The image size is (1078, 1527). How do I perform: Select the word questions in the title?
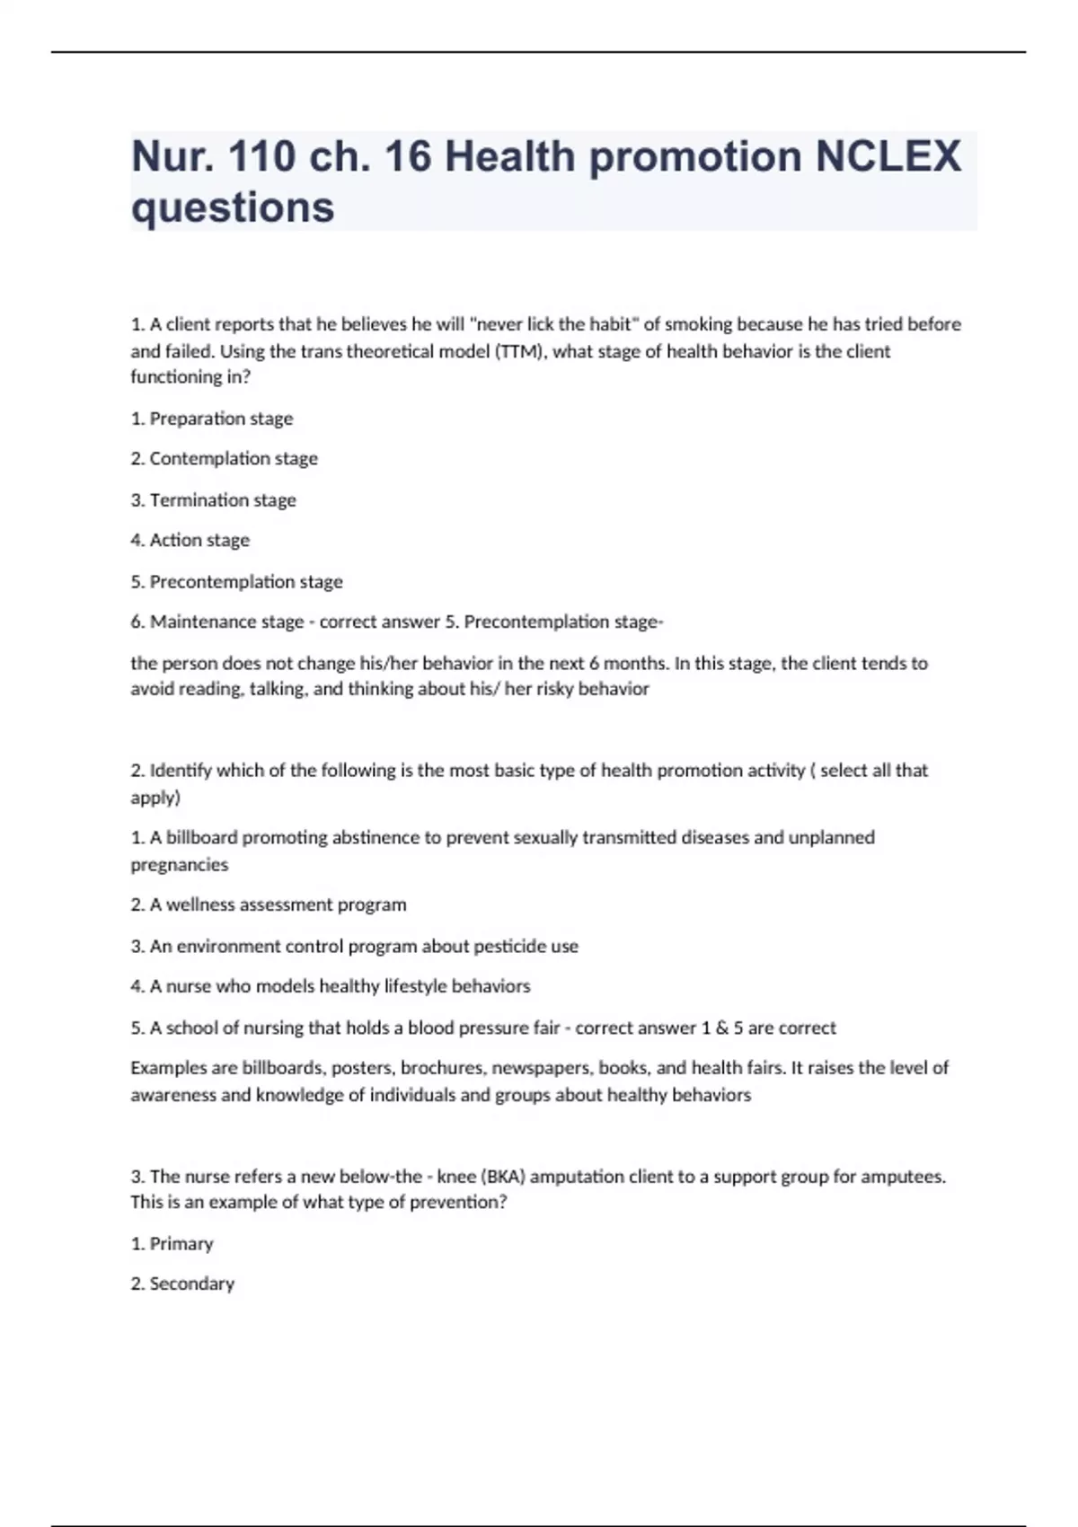(233, 207)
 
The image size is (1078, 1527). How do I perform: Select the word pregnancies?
(180, 865)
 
